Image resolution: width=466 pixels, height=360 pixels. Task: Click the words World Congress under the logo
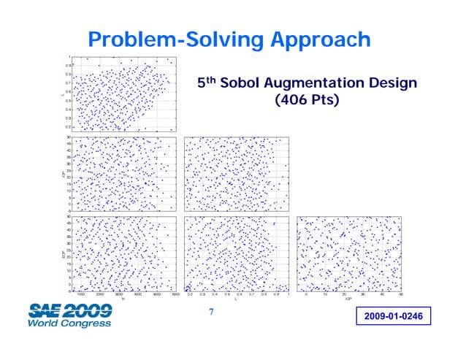[x=69, y=322]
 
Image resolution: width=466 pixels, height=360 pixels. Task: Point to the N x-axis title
[x=123, y=299]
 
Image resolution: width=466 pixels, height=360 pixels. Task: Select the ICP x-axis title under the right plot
[x=348, y=299]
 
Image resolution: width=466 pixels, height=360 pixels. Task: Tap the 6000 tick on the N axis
[x=175, y=294]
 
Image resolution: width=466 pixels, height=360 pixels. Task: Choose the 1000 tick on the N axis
[x=81, y=294]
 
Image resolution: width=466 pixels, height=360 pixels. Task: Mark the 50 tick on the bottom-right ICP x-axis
[x=401, y=294]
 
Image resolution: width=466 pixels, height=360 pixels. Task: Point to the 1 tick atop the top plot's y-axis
[x=69, y=57]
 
